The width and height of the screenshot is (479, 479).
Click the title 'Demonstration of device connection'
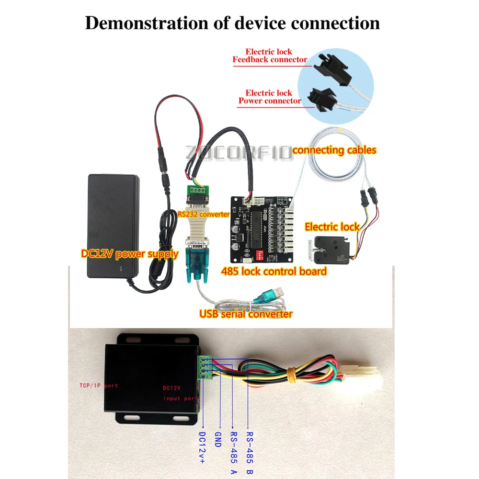tap(232, 23)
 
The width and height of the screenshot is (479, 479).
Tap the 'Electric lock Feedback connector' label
tap(269, 56)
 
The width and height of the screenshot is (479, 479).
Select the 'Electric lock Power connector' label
tap(269, 97)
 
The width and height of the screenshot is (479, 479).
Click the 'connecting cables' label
tap(334, 150)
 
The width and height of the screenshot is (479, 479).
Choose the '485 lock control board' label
tap(274, 272)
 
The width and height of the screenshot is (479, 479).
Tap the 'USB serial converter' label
tap(245, 314)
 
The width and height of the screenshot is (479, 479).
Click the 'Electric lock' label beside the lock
tap(332, 227)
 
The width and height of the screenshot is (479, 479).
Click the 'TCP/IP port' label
tap(99, 385)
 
